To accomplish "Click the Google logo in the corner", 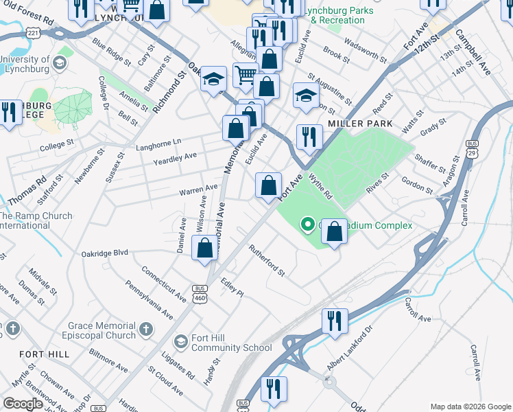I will [x=23, y=404].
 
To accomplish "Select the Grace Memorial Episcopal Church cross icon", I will [x=145, y=330].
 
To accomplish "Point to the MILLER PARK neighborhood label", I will [x=360, y=124].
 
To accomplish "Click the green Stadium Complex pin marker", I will [x=308, y=225].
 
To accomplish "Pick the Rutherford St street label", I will [x=266, y=260].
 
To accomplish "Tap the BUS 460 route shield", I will [x=200, y=293].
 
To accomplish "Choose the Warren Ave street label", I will [x=199, y=187].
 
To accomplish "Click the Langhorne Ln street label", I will [x=158, y=141].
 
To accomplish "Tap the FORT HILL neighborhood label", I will [x=45, y=354].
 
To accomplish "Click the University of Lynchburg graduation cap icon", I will [x=58, y=64].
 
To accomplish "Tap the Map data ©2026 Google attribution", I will [x=470, y=407].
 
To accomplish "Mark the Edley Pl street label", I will [x=232, y=287].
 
